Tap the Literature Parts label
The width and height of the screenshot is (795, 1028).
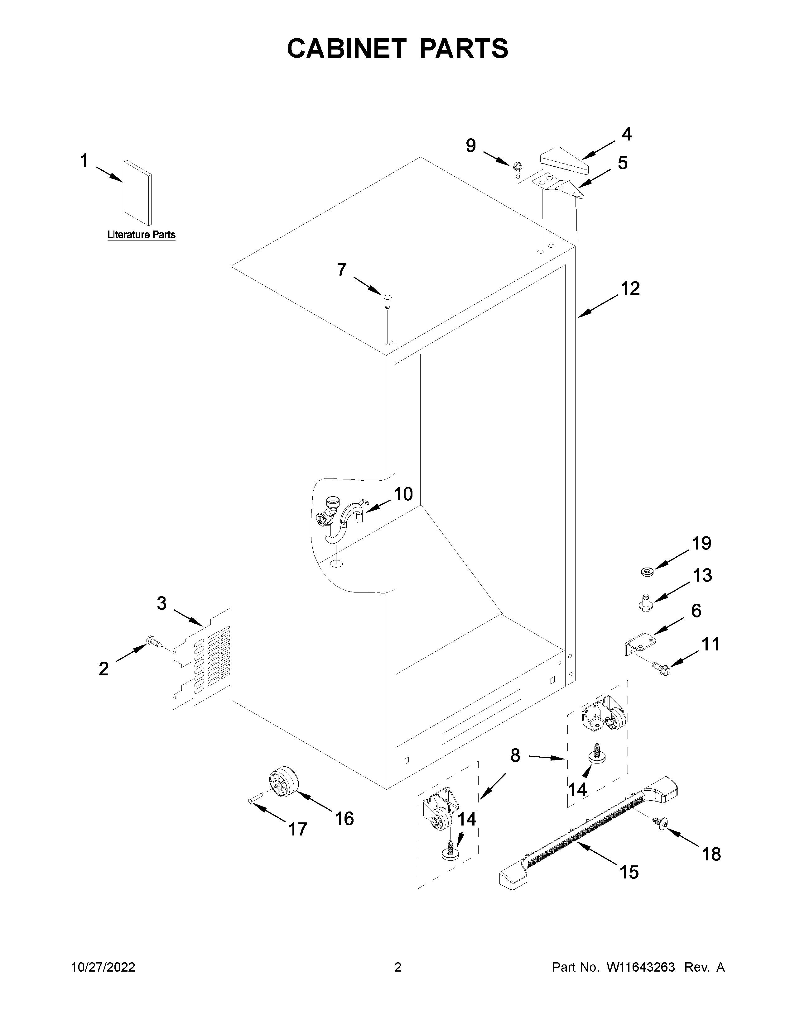pos(141,234)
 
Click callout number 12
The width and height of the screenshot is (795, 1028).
pos(630,288)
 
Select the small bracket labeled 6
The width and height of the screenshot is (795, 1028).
pos(638,642)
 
